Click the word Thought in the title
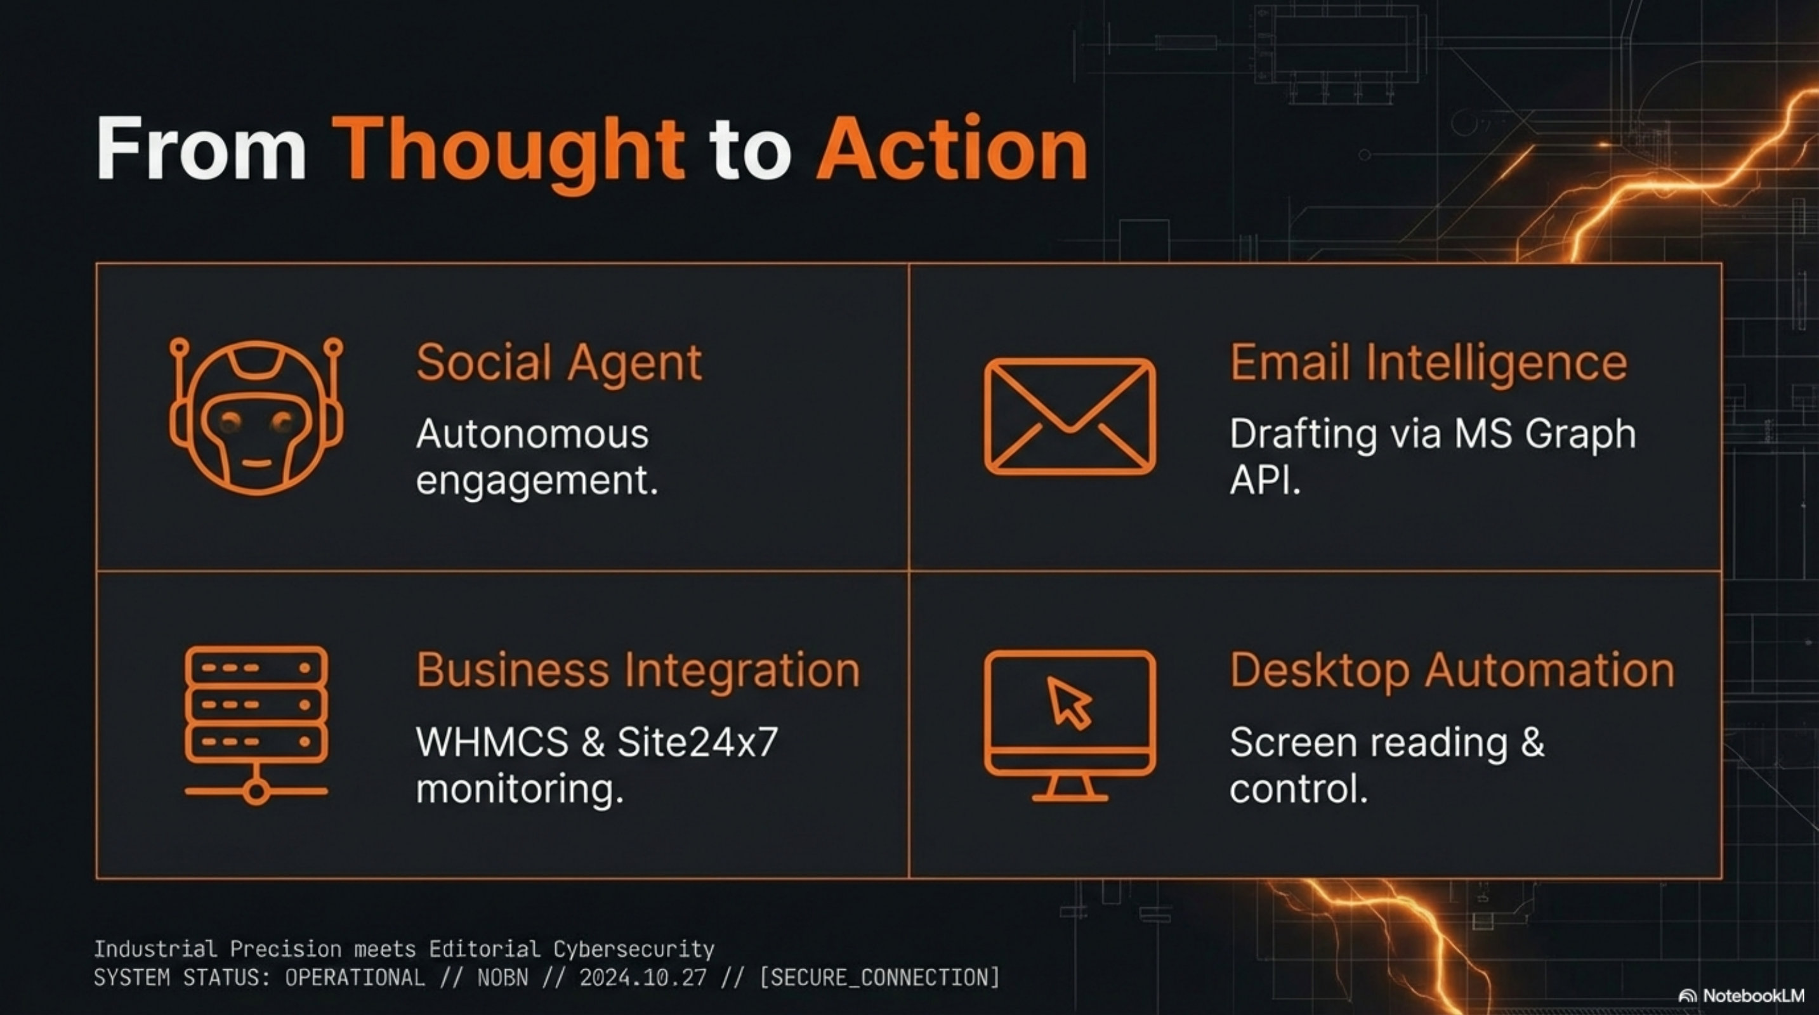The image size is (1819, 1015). click(508, 150)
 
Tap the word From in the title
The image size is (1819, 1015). click(201, 148)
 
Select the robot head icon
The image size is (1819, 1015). click(256, 416)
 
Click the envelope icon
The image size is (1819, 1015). click(1070, 416)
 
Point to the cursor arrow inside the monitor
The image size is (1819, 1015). click(1068, 702)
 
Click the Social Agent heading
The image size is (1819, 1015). click(558, 363)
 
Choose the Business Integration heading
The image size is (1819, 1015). click(638, 670)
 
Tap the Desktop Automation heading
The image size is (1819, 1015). click(1452, 670)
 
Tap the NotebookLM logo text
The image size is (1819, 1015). click(1753, 995)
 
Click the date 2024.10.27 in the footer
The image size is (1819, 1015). click(643, 978)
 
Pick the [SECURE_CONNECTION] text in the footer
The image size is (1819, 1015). click(880, 978)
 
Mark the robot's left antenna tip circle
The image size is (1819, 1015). click(180, 347)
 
